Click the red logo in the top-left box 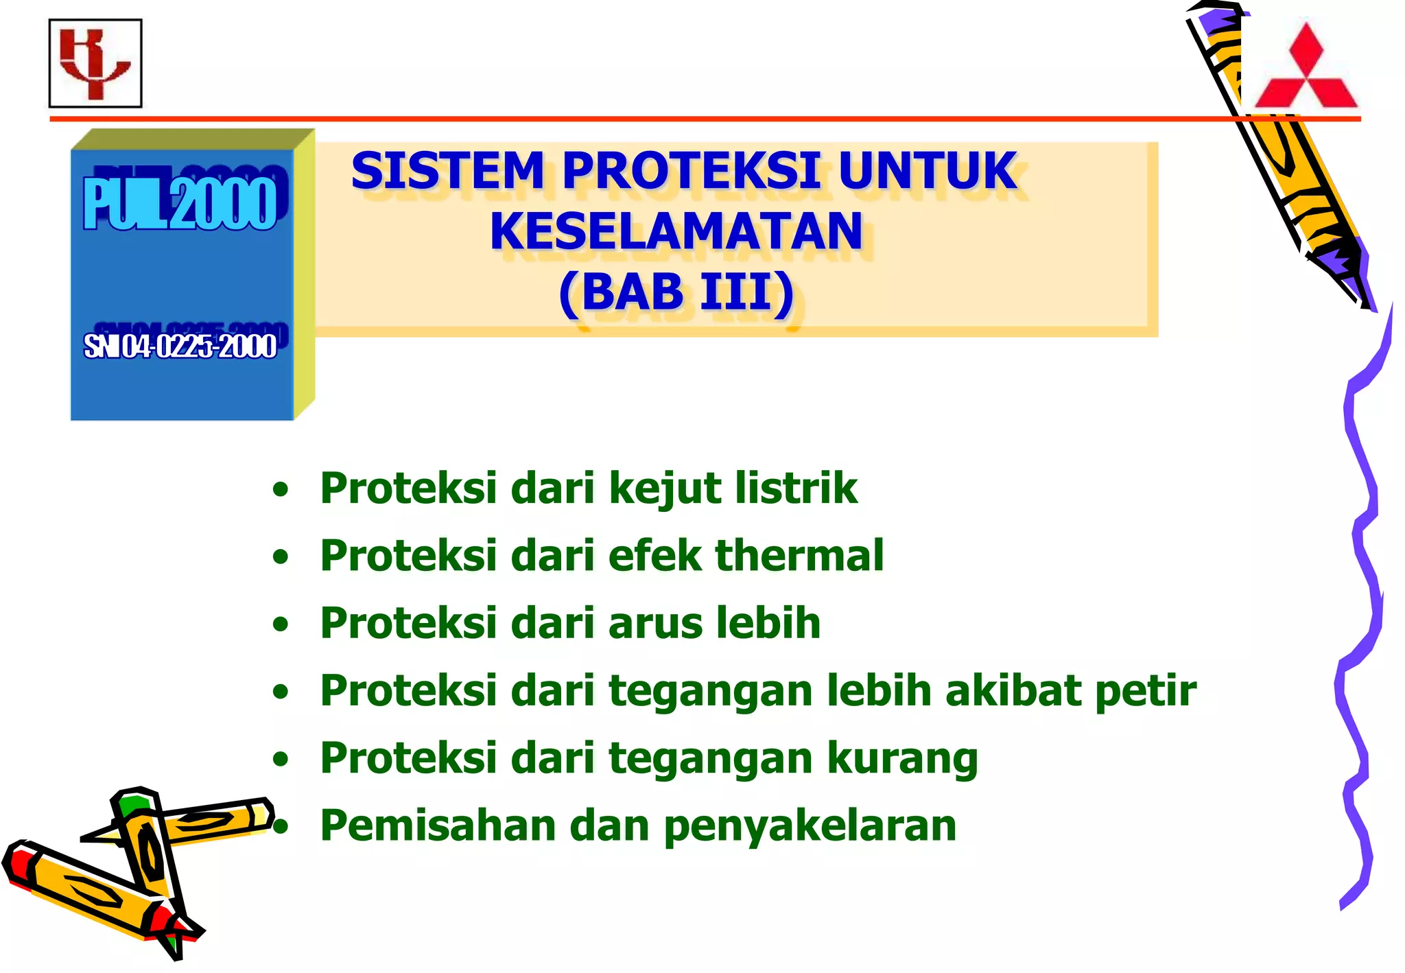click(x=95, y=63)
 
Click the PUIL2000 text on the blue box click(x=180, y=204)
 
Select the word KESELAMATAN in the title click(x=676, y=232)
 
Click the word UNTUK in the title click(x=927, y=172)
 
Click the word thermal click(x=799, y=555)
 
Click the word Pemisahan click(x=438, y=825)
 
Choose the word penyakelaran click(x=810, y=826)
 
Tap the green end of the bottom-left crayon click(x=132, y=803)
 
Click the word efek click(x=654, y=555)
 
